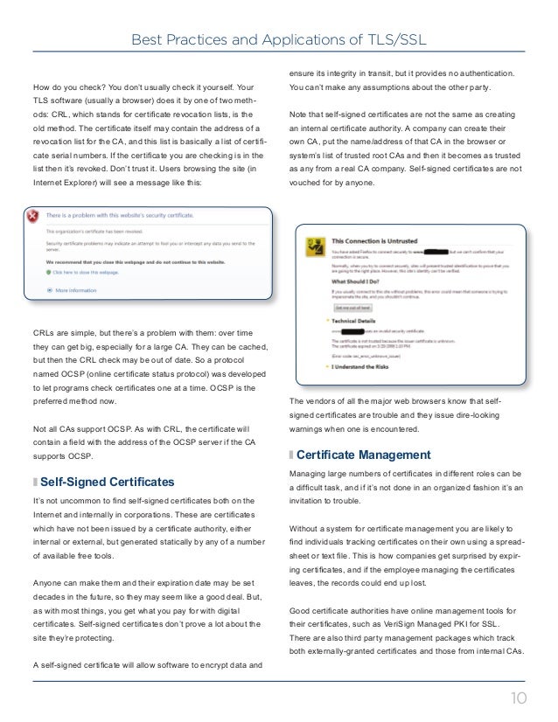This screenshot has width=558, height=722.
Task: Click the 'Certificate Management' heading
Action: [364, 455]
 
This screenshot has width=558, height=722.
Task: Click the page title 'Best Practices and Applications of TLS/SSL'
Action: [278, 38]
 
